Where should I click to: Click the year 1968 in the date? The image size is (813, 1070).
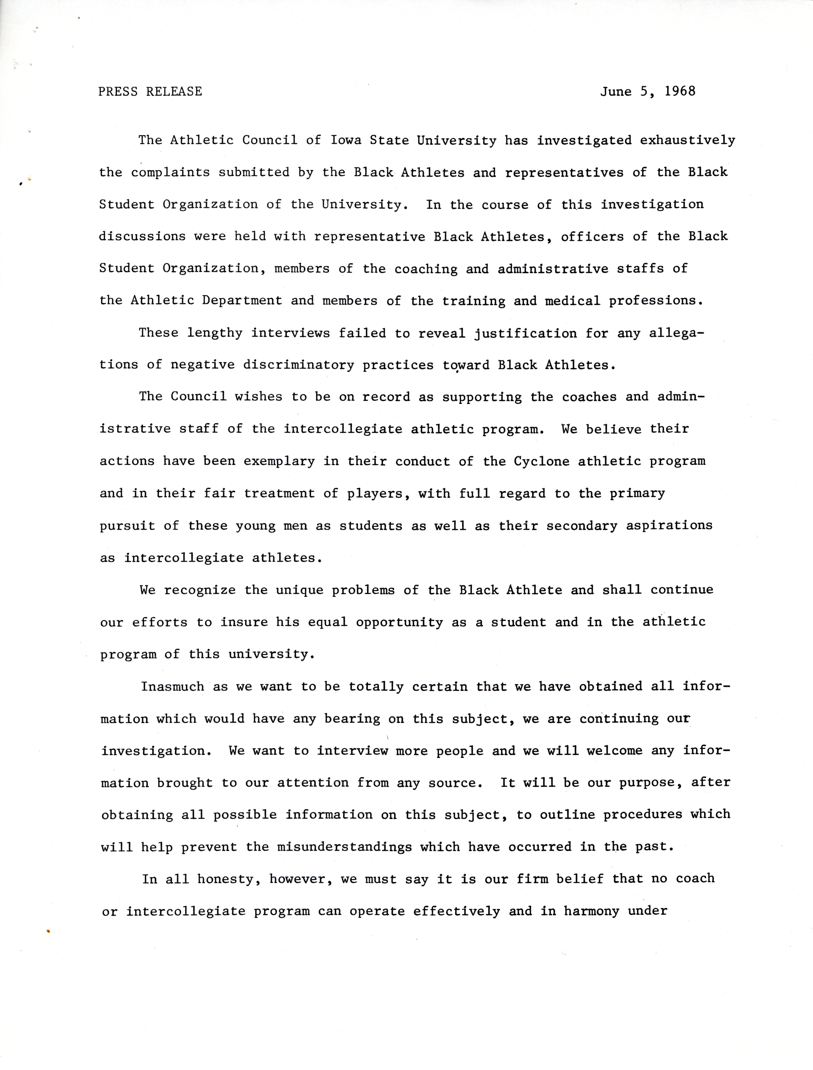coord(680,91)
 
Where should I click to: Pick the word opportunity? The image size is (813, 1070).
coord(399,622)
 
